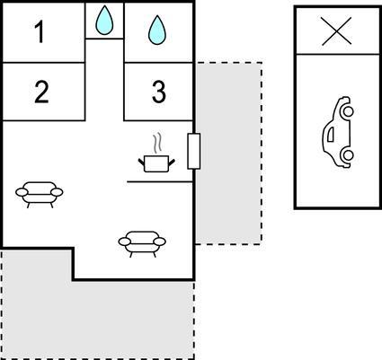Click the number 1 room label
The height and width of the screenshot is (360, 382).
point(40,31)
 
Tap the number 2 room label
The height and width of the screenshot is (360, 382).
point(41,92)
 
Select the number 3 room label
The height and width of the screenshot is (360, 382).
point(159,92)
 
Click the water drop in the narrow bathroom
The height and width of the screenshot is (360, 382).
point(104,20)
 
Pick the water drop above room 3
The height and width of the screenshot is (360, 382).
point(156,31)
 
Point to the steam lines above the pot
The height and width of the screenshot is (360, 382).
point(157,143)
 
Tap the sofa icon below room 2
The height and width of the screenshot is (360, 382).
point(40,194)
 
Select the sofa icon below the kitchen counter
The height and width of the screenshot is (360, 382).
point(142,243)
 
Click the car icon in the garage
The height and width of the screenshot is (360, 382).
point(338,132)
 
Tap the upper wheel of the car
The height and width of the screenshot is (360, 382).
point(348,111)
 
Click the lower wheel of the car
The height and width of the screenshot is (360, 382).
point(348,155)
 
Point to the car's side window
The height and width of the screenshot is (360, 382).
point(330,135)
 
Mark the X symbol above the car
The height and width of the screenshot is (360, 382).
point(336,31)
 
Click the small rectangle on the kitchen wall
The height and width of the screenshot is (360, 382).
point(194,151)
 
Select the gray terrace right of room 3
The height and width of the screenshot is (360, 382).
point(229,154)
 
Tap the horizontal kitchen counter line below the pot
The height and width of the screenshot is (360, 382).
point(160,181)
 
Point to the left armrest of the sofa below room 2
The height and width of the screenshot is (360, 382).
point(22,192)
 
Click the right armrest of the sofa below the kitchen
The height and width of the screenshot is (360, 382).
point(159,241)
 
